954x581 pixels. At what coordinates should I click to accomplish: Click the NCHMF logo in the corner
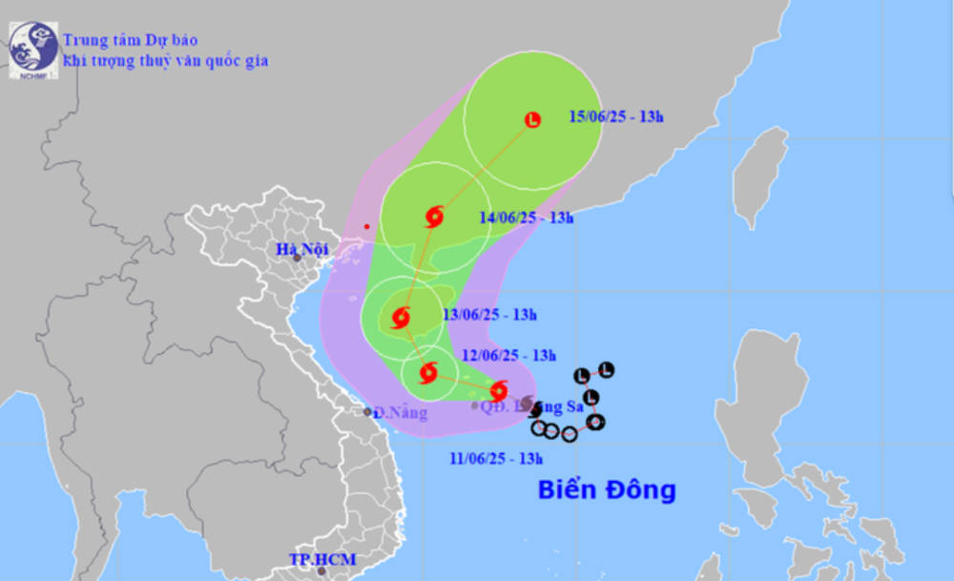click(x=32, y=49)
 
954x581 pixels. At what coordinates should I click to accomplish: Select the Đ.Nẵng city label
click(x=400, y=413)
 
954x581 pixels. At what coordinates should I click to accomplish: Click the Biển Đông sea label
click(x=607, y=490)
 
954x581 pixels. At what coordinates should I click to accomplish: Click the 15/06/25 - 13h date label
click(x=615, y=117)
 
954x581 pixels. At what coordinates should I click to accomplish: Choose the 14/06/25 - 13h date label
click(x=526, y=218)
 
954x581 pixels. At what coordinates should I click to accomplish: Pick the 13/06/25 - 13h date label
click(x=489, y=315)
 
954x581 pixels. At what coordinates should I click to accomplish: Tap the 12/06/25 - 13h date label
click(x=508, y=356)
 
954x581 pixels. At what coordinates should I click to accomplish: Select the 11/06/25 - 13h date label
click(x=496, y=458)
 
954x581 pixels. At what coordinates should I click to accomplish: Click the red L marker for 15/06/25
click(x=532, y=119)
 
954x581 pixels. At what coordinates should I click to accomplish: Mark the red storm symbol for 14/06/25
click(x=434, y=217)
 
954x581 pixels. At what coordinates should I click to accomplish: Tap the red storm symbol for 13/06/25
click(x=401, y=318)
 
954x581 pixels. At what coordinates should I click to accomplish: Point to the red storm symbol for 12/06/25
click(x=427, y=372)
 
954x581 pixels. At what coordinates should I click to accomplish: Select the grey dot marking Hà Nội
click(x=298, y=258)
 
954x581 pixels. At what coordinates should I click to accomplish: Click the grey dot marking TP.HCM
click(x=321, y=571)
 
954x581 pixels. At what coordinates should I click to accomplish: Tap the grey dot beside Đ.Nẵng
click(x=368, y=412)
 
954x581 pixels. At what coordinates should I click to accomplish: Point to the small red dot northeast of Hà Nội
click(x=366, y=227)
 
